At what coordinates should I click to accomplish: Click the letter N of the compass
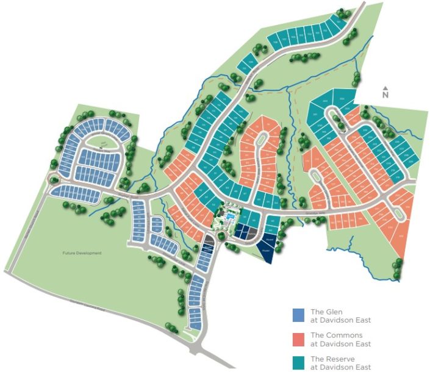pos(385,95)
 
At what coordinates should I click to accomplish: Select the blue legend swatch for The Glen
pos(298,315)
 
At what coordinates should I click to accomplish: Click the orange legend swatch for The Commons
pos(298,339)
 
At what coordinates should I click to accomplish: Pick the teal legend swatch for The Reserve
pos(298,362)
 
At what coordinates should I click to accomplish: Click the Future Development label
pos(81,252)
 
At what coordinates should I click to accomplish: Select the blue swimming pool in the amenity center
pos(229,216)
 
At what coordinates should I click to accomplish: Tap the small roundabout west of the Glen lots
pos(54,179)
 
